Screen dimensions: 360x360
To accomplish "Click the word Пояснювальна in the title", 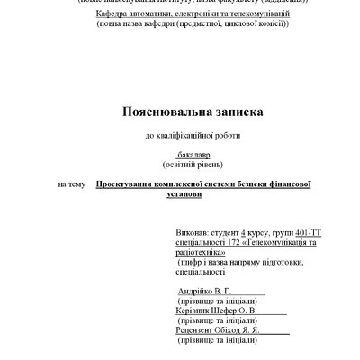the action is click(x=160, y=112).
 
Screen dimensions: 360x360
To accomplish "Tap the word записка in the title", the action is click(x=223, y=112).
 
